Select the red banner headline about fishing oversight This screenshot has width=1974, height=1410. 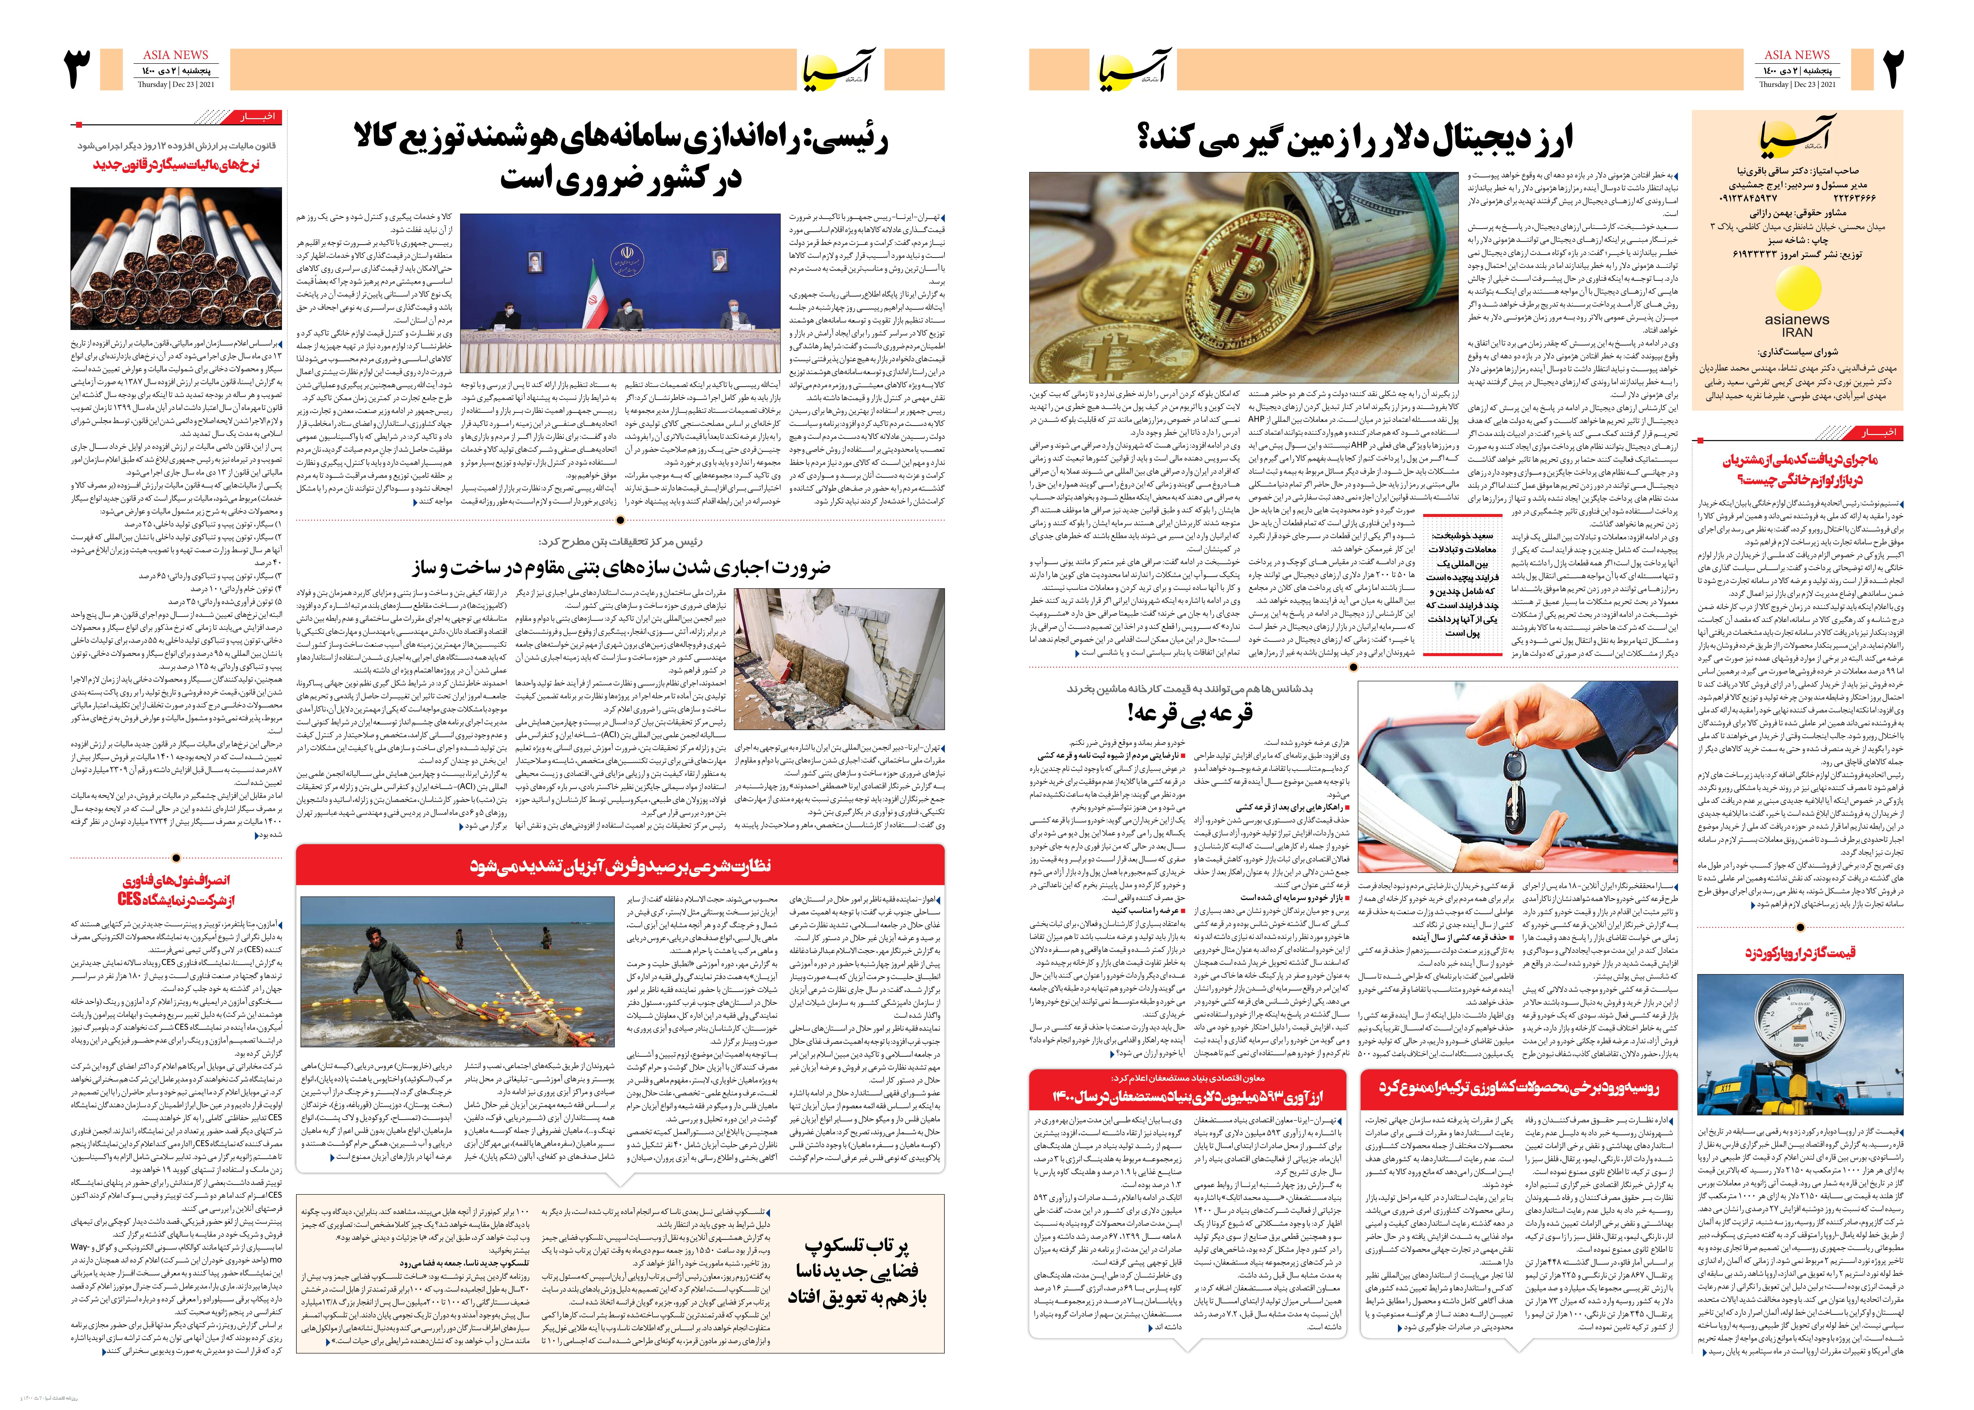point(620,866)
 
